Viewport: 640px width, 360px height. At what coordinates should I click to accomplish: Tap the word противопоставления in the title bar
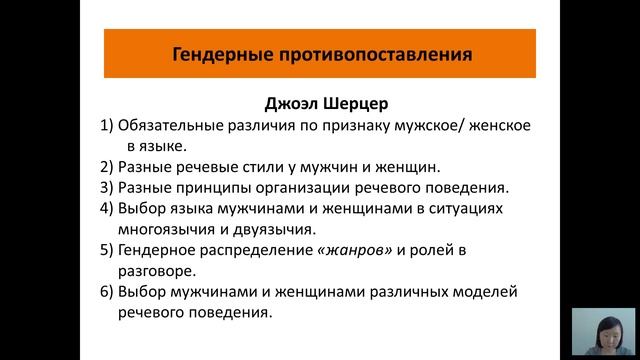tap(337, 54)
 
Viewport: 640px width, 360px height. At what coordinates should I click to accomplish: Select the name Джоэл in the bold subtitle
tap(290, 102)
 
